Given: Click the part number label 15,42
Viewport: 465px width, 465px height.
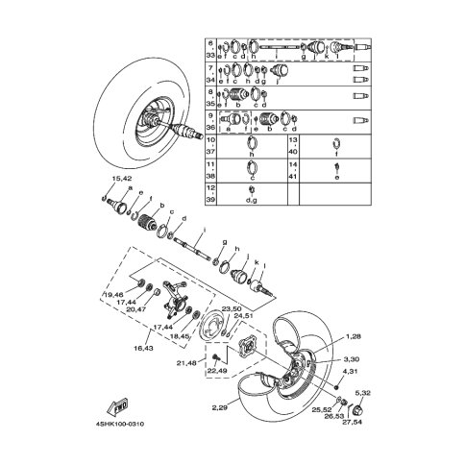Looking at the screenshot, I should [x=121, y=179].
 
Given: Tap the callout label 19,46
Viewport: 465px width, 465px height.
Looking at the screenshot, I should [x=114, y=294].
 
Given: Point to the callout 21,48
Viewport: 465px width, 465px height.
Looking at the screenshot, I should [x=186, y=362].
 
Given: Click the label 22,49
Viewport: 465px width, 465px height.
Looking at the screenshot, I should [x=218, y=372].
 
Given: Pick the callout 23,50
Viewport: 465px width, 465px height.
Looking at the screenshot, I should [x=232, y=308].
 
